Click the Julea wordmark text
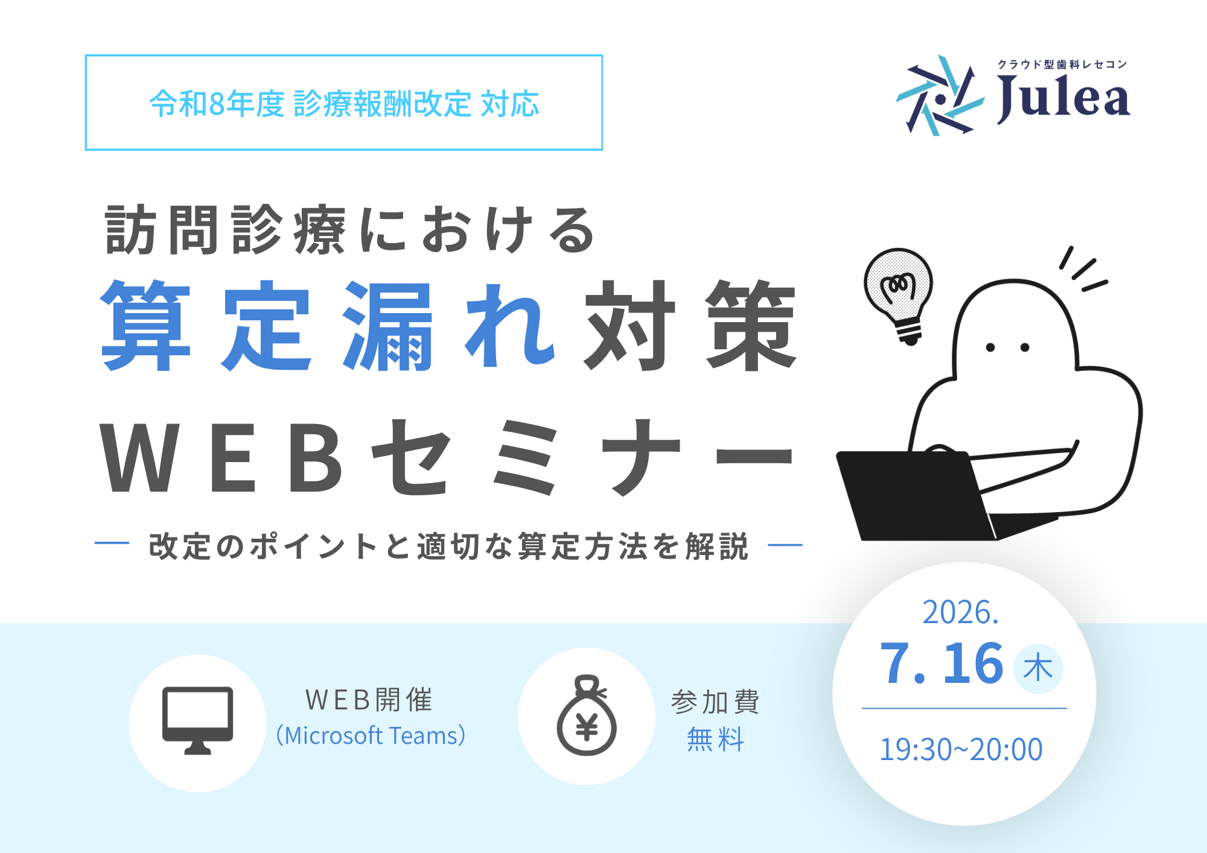tap(1063, 99)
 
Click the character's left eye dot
tap(990, 347)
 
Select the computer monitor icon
tap(197, 720)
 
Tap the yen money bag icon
tap(587, 715)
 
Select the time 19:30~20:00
tap(961, 749)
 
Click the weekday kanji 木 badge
tap(1038, 668)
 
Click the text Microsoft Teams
tap(371, 736)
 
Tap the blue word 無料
tap(715, 739)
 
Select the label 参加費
tap(715, 702)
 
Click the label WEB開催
tap(369, 700)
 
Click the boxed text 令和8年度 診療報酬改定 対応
tap(344, 103)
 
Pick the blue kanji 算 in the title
tap(146, 326)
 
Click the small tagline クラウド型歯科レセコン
tap(1062, 65)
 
